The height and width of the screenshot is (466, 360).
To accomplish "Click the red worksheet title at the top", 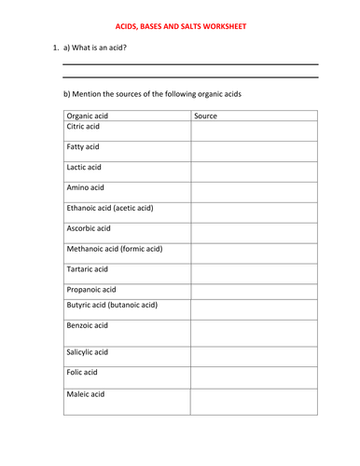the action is (180, 27).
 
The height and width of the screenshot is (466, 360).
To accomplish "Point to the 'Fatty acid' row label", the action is (83, 147).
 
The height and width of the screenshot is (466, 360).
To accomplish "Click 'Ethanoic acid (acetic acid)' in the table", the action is (109, 208).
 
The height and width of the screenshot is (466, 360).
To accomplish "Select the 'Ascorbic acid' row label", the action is (89, 228).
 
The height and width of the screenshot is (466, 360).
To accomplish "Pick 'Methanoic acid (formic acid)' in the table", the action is (114, 249).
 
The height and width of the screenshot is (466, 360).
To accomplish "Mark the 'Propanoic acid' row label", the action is (91, 290).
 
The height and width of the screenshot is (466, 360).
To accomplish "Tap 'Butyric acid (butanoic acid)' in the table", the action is (112, 305).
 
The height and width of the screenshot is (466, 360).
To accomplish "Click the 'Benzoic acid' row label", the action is (88, 325).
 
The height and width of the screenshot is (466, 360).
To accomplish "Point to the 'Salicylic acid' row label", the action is (89, 352).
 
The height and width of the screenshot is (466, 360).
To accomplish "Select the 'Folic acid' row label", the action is (82, 373).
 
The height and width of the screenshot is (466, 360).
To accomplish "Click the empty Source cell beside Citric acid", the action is (254, 131).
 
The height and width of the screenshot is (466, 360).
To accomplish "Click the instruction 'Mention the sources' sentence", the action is (166, 93).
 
